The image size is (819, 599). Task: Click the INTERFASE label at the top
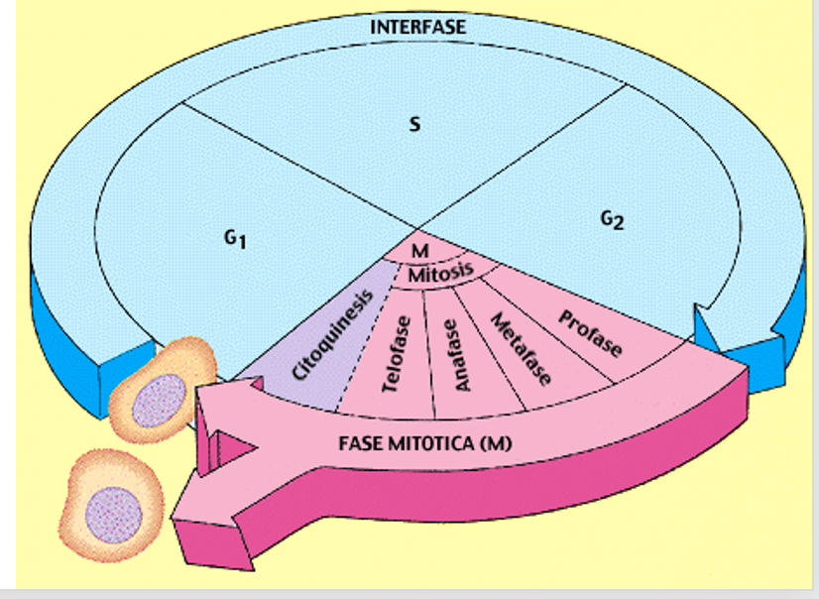tap(417, 27)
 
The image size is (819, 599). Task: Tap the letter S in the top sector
tap(416, 124)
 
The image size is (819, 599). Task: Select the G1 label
tap(234, 238)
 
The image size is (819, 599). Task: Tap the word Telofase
tap(395, 355)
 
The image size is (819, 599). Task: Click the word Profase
tap(591, 334)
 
